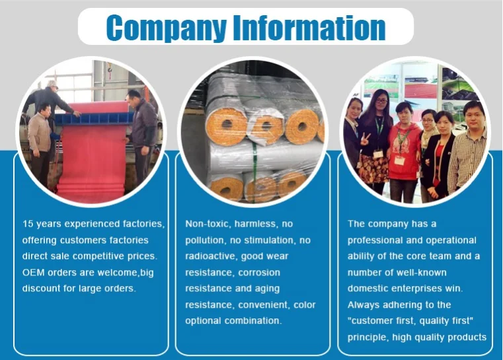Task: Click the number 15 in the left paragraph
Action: click(x=28, y=224)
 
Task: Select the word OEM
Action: click(x=33, y=272)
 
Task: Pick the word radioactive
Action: click(x=210, y=256)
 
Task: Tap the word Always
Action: click(x=363, y=305)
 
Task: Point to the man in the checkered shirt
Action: click(x=467, y=149)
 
